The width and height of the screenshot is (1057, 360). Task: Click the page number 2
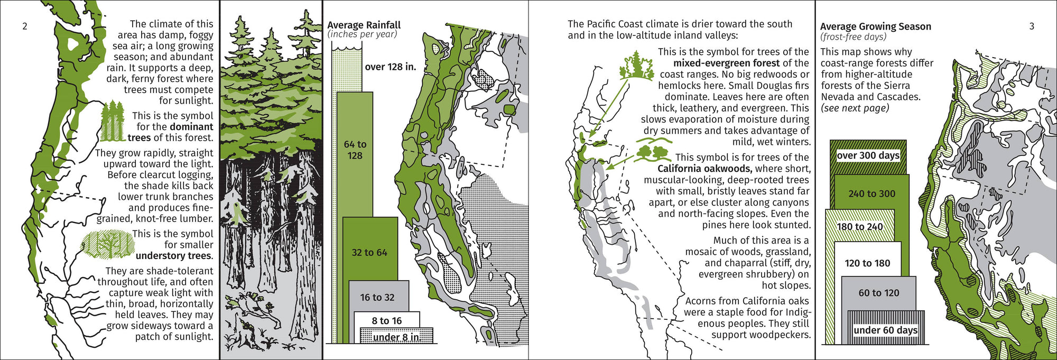[x=24, y=26]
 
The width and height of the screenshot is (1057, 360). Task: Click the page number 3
[x=1031, y=26]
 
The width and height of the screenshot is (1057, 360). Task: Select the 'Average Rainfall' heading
[x=364, y=25]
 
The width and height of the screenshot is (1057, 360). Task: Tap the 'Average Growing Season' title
[x=875, y=26]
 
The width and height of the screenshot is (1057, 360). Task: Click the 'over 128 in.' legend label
[x=390, y=67]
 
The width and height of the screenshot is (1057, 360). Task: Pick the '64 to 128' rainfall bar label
[x=355, y=150]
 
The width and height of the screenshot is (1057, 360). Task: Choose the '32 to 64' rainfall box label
[x=369, y=253]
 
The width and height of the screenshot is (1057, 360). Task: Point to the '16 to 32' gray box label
[x=377, y=298]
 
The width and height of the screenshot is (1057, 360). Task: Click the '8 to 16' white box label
[x=386, y=321]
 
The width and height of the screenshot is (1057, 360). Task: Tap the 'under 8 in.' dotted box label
[x=396, y=337]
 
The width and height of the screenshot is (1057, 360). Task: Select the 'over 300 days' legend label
[x=868, y=155]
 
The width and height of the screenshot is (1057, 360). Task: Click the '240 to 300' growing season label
[x=871, y=194]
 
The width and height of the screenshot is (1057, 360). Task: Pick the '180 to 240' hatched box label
[x=859, y=227]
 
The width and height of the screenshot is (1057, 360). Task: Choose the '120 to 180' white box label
[x=867, y=263]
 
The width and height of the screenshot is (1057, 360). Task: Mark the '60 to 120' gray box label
[x=878, y=293]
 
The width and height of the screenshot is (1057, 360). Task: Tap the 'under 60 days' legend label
[x=885, y=330]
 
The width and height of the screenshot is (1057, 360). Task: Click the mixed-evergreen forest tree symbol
[x=636, y=66]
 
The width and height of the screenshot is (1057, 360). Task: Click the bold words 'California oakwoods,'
[x=704, y=169]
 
